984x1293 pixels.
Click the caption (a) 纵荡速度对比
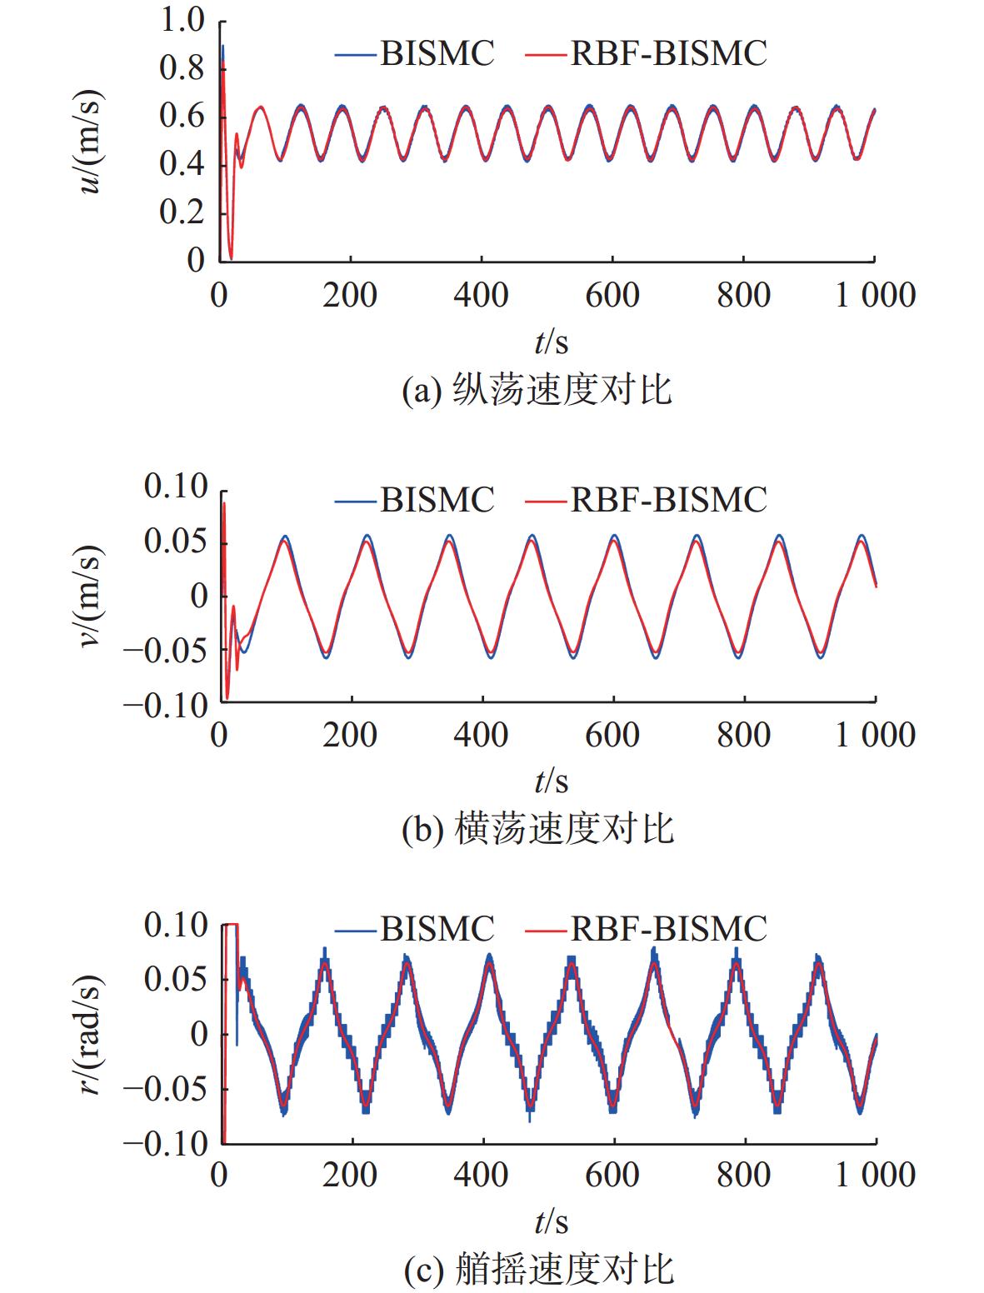coord(537,390)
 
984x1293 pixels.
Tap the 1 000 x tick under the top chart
coord(876,295)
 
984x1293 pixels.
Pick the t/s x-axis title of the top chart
coord(551,342)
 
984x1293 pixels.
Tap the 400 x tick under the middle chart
coord(482,735)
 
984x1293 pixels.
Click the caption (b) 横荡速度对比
coord(537,829)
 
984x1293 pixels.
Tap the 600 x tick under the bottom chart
coord(612,1175)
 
